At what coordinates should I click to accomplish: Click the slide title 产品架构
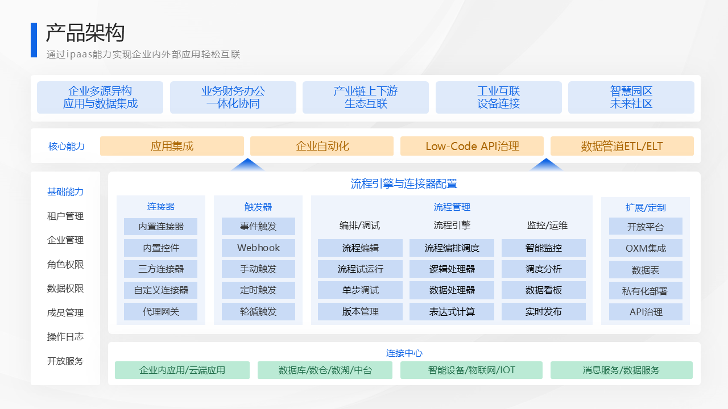pyautogui.click(x=85, y=33)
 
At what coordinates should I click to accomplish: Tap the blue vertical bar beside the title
pyautogui.click(x=34, y=40)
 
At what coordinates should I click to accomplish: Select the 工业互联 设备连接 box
pyautogui.click(x=499, y=97)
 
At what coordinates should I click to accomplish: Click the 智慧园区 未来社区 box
pyautogui.click(x=631, y=97)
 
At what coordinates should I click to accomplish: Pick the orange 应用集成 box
pyautogui.click(x=172, y=146)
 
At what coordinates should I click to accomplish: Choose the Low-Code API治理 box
pyautogui.click(x=472, y=146)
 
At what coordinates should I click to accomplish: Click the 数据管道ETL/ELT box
pyautogui.click(x=622, y=146)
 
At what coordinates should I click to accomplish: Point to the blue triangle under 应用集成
pyautogui.click(x=247, y=165)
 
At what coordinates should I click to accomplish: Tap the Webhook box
pyautogui.click(x=258, y=248)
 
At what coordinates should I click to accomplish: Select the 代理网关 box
pyautogui.click(x=160, y=312)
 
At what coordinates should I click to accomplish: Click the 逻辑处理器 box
pyautogui.click(x=452, y=269)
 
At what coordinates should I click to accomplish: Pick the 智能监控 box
pyautogui.click(x=544, y=248)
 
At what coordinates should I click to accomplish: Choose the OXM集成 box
pyautogui.click(x=646, y=248)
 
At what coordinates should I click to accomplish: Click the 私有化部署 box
pyautogui.click(x=646, y=291)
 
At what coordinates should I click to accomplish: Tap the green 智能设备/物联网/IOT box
pyautogui.click(x=471, y=370)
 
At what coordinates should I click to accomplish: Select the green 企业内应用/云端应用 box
pyautogui.click(x=183, y=370)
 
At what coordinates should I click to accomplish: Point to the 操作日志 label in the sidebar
pyautogui.click(x=65, y=337)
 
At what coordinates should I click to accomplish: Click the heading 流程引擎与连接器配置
pyautogui.click(x=404, y=183)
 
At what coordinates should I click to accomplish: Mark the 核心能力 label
pyautogui.click(x=67, y=147)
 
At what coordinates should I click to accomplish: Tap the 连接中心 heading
pyautogui.click(x=404, y=353)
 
